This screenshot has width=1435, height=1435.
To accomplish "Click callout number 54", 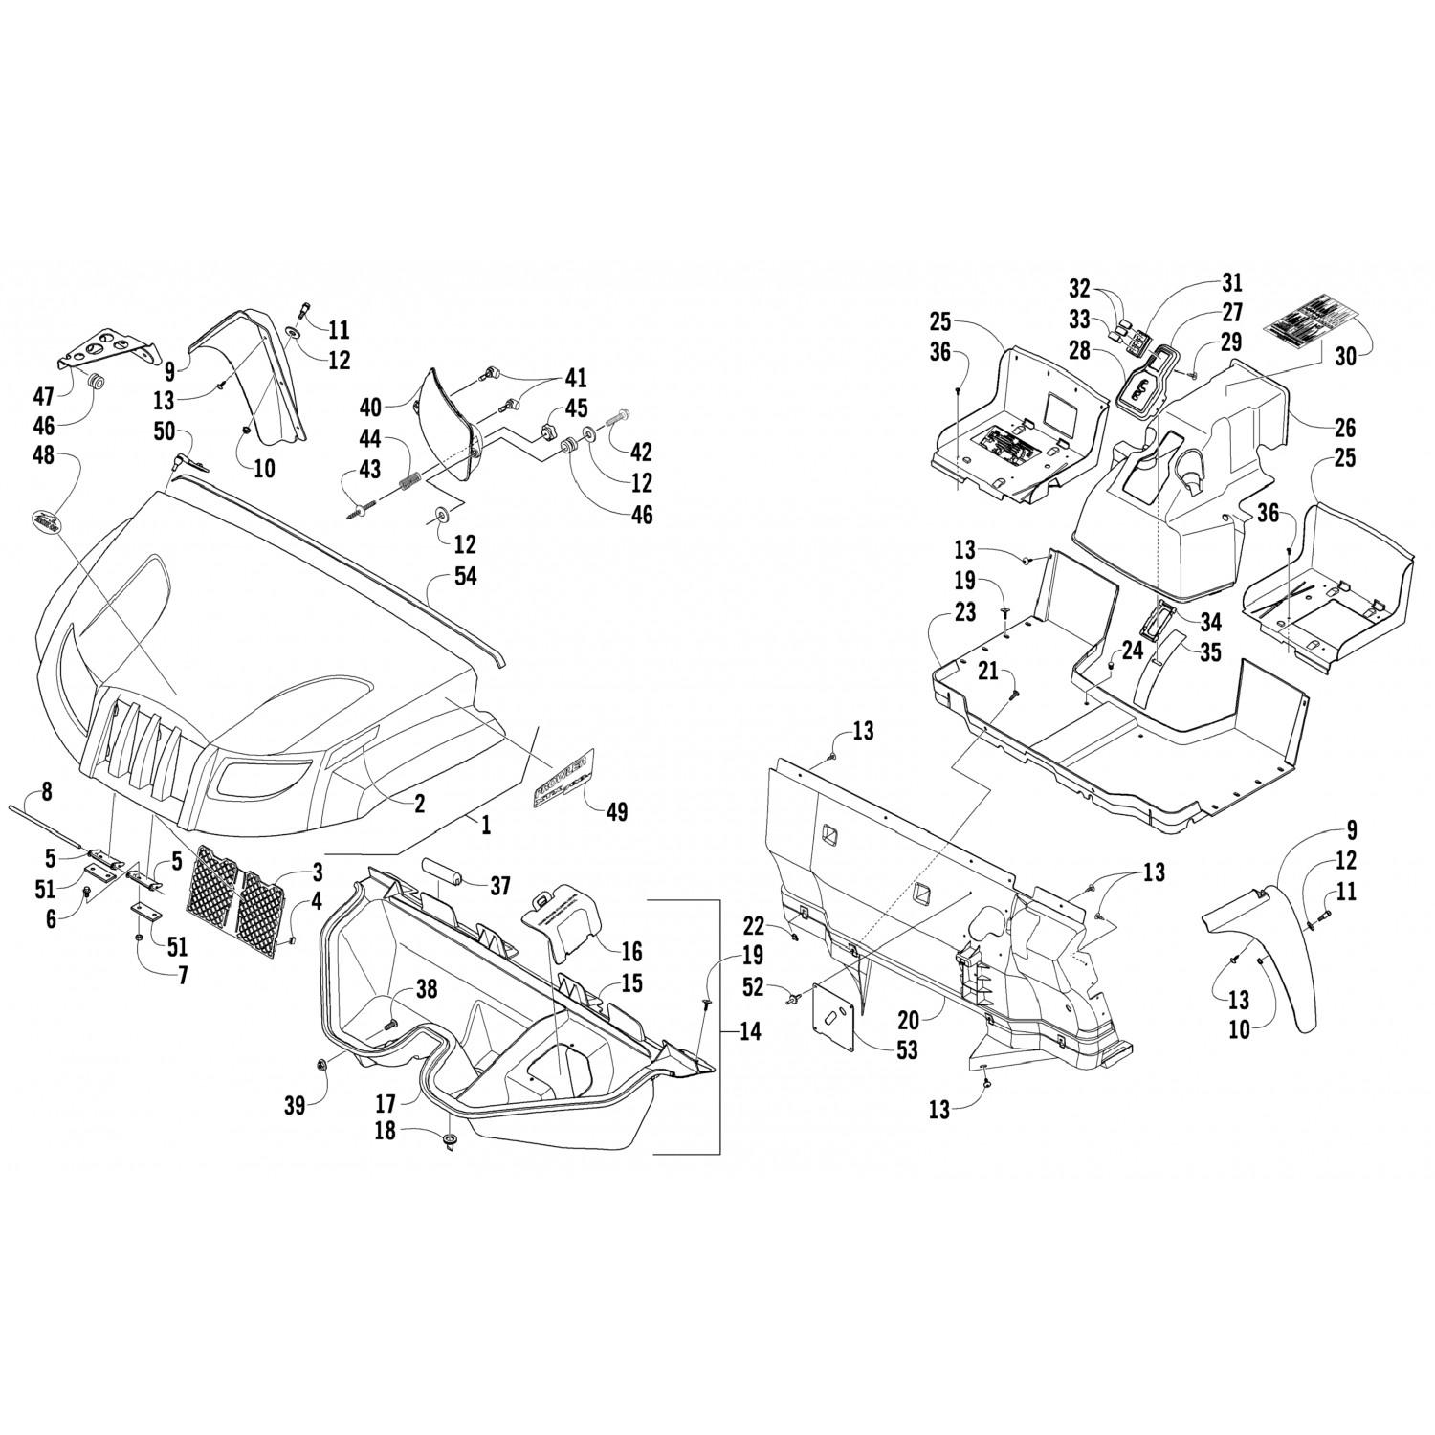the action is pyautogui.click(x=466, y=577).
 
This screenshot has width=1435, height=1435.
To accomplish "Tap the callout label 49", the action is pyautogui.click(x=617, y=812).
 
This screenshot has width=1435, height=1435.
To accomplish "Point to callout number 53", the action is pyautogui.click(x=907, y=1049).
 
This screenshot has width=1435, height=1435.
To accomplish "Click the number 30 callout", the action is pyautogui.click(x=1346, y=356).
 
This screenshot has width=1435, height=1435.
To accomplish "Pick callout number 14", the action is pyautogui.click(x=751, y=1032).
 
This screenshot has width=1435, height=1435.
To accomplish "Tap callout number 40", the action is pyautogui.click(x=370, y=408).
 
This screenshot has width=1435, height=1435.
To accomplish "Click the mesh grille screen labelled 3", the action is pyautogui.click(x=239, y=891).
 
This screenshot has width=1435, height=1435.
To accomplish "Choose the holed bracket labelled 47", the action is pyautogui.click(x=105, y=348).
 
